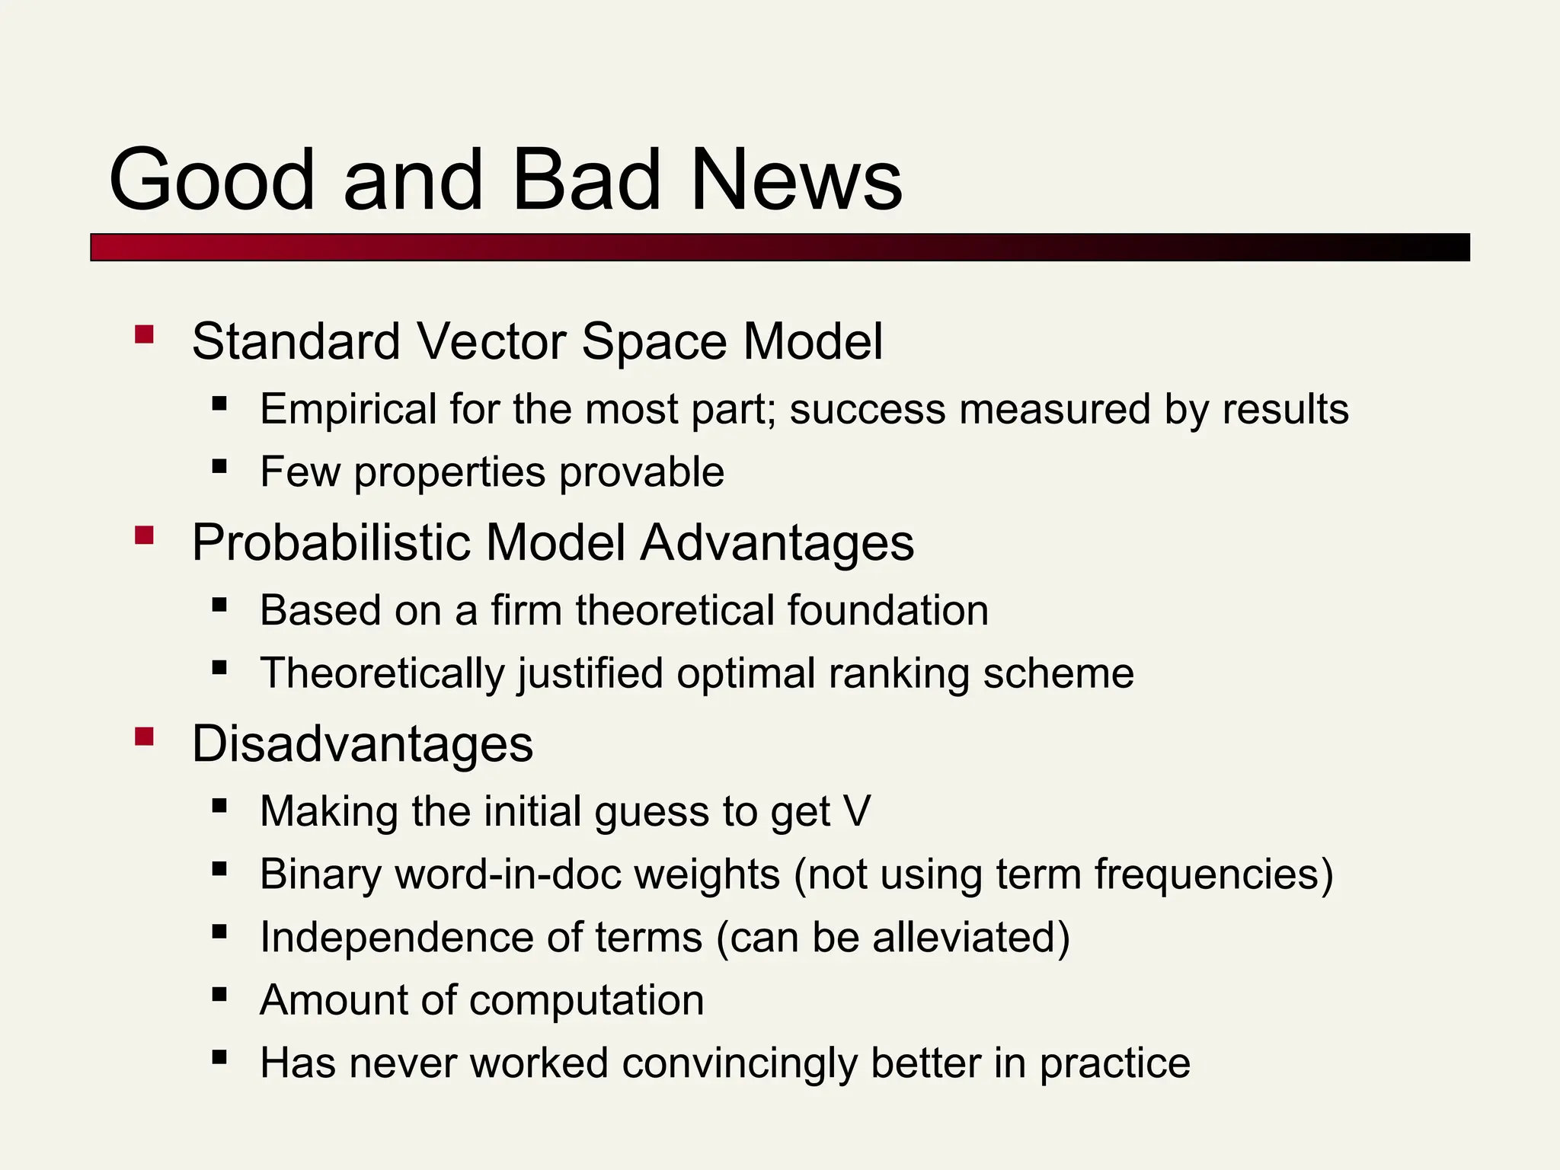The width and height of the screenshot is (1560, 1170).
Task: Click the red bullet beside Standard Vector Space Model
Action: click(x=144, y=335)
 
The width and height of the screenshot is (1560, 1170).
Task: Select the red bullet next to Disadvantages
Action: click(x=144, y=737)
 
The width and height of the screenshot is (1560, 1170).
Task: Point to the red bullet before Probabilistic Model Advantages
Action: click(x=144, y=535)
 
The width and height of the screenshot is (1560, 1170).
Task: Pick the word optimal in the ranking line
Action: click(x=746, y=673)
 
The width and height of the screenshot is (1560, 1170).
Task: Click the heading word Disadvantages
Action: click(x=362, y=744)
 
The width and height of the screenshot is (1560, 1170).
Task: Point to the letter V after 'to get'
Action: click(x=857, y=811)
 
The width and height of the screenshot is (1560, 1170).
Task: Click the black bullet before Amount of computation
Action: click(x=220, y=994)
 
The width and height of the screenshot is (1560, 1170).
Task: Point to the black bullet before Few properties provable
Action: click(x=220, y=466)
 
